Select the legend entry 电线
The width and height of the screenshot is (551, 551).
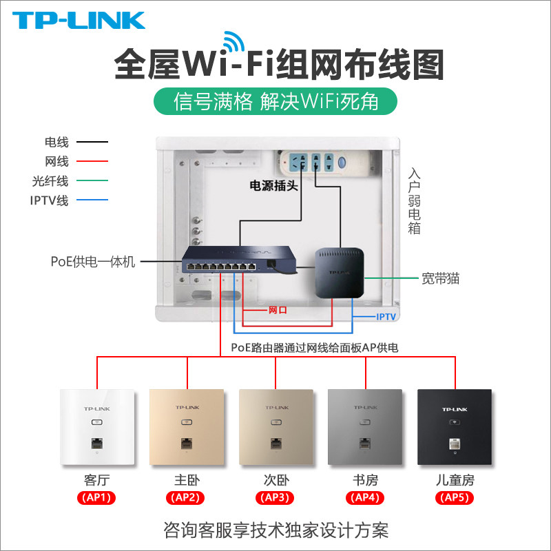(x=56, y=143)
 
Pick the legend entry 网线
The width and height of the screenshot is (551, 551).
(x=56, y=162)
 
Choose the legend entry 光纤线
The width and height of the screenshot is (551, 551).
(x=52, y=181)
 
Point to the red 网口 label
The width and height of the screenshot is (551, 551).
(x=277, y=311)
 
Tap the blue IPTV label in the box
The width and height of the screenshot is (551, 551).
(x=386, y=316)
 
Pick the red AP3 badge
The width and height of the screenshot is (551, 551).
(x=275, y=498)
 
